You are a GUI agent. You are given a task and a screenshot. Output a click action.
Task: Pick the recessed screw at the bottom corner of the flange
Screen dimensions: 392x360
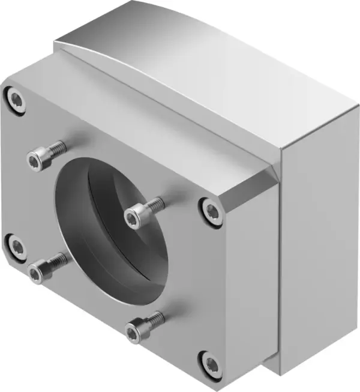(211, 363)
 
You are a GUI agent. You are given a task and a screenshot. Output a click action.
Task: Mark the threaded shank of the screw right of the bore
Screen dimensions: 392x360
(154, 205)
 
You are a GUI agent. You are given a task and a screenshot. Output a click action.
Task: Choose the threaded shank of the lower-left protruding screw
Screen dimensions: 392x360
(58, 259)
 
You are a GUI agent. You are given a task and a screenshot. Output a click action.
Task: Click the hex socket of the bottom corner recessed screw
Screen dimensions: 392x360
(211, 363)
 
